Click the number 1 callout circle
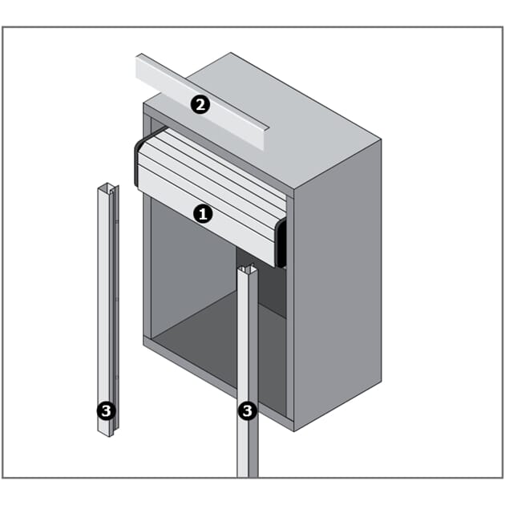coord(203,214)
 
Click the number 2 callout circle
coord(200,105)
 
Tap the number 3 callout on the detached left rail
coord(106,410)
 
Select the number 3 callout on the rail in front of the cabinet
coord(248,410)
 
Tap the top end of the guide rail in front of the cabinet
coord(248,268)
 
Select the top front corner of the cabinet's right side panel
coord(293,190)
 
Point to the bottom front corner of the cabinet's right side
coord(293,431)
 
